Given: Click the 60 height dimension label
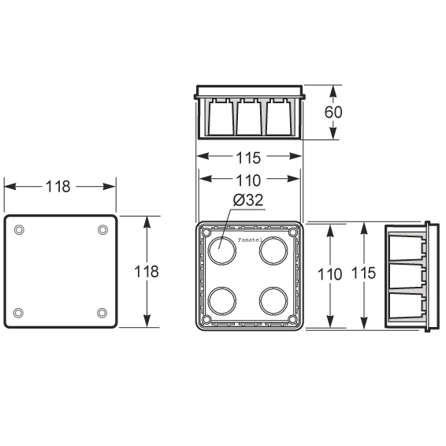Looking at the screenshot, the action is [333, 112].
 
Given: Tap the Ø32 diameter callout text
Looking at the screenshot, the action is [248, 200].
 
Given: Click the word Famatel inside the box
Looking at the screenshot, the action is [250, 240].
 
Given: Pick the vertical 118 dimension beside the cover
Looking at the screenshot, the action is [147, 271].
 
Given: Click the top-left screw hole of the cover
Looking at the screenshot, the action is [19, 229].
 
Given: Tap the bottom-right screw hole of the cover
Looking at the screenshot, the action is [102, 313].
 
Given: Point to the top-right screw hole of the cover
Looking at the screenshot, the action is [102, 229].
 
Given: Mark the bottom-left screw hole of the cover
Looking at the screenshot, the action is [18, 313].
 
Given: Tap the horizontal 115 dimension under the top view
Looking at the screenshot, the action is [248, 158].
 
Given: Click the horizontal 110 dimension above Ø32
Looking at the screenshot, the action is [248, 180].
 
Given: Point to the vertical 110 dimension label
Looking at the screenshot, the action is [329, 274].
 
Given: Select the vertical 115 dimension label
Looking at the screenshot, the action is [364, 273].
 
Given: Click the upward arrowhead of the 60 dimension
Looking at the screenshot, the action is [333, 92].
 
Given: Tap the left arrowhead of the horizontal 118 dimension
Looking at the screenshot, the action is [10, 187].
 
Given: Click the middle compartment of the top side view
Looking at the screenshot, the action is [250, 118].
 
